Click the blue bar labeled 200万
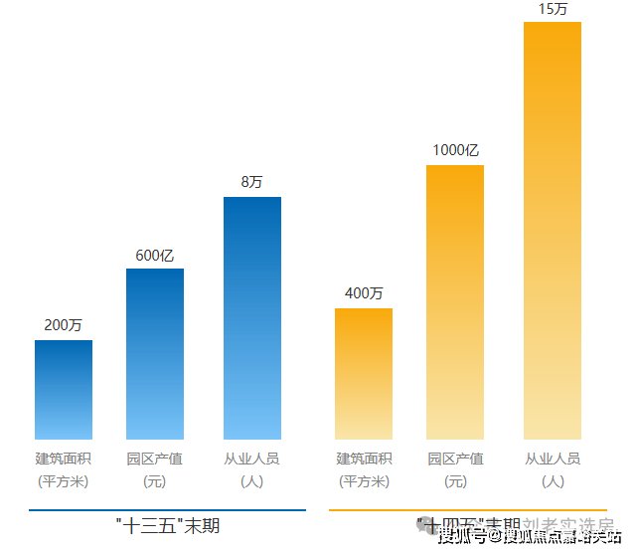(64, 390)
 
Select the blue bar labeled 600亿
(155, 354)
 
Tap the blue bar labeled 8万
(252, 318)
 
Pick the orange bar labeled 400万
(364, 374)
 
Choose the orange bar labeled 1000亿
(455, 302)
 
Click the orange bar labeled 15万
(553, 231)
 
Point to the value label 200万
(64, 325)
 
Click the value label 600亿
(155, 256)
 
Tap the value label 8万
(252, 182)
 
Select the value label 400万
(364, 293)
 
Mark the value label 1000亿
(455, 150)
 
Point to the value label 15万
(553, 9)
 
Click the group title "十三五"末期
(167, 524)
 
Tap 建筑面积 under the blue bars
(64, 459)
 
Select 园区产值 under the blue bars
(155, 459)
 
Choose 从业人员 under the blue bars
(252, 459)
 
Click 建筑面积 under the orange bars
(364, 459)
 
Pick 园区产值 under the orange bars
(455, 459)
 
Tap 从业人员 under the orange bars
(553, 459)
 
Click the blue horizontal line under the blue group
(167, 510)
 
